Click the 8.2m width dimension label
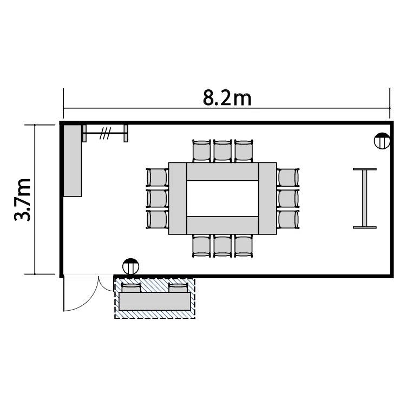(x=227, y=99)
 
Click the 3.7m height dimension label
(x=22, y=199)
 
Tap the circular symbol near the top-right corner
(x=382, y=141)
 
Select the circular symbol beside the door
(x=131, y=266)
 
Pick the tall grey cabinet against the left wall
(x=73, y=161)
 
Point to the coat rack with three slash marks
(x=105, y=133)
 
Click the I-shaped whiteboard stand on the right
(x=364, y=198)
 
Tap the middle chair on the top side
(x=222, y=151)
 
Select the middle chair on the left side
(x=157, y=199)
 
